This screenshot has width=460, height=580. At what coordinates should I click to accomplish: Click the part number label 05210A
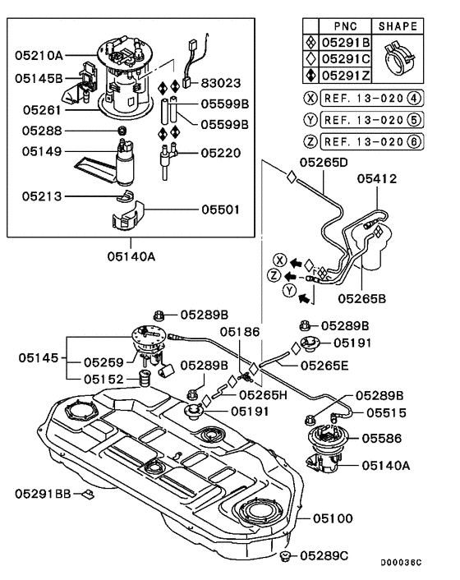click(38, 55)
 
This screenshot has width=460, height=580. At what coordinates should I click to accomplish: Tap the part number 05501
click(220, 209)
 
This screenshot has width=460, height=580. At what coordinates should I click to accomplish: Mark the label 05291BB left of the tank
click(44, 494)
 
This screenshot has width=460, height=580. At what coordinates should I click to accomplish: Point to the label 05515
click(386, 413)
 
